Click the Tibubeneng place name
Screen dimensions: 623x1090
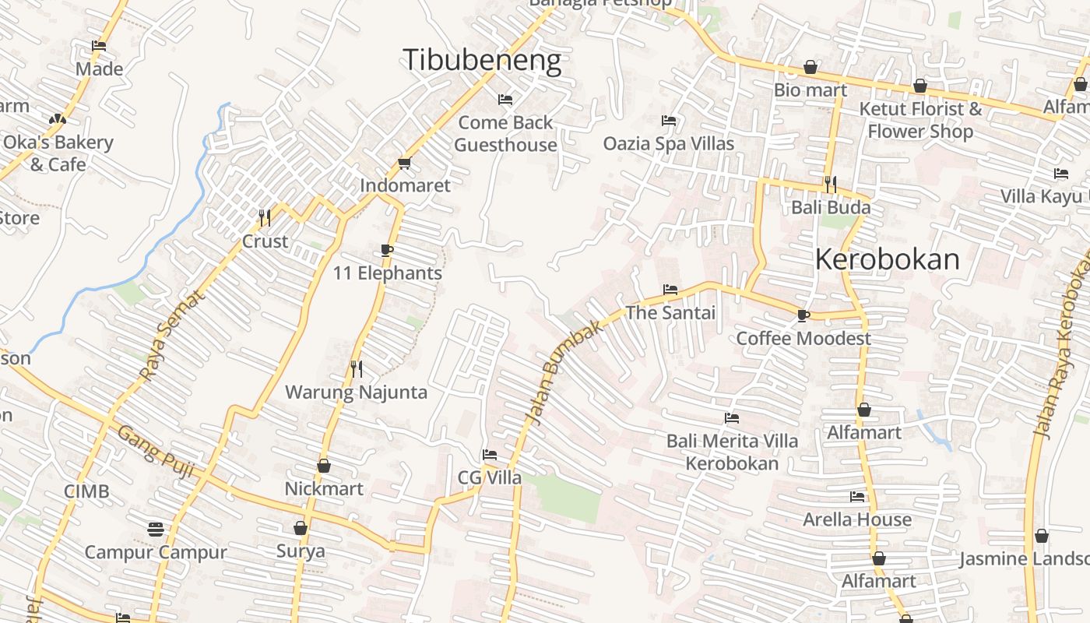click(481, 60)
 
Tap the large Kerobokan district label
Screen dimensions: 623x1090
click(887, 259)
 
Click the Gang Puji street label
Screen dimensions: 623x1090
click(156, 452)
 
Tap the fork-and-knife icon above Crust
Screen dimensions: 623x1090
click(265, 217)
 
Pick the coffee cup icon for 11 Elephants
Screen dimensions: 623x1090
click(387, 250)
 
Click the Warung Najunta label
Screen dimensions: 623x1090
click(356, 392)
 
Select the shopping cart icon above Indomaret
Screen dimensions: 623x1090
click(404, 163)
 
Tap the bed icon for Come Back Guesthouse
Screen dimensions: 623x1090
click(505, 100)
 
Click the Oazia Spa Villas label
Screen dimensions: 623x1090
click(668, 143)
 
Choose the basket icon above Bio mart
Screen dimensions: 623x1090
click(810, 67)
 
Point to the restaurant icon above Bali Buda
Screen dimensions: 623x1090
click(831, 185)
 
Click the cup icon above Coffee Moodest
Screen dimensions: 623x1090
click(803, 315)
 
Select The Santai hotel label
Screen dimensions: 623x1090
click(670, 312)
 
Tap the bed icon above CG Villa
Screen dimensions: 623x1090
click(489, 455)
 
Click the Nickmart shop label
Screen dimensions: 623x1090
click(323, 488)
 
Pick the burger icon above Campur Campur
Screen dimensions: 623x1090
click(156, 530)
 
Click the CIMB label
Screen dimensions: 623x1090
click(86, 491)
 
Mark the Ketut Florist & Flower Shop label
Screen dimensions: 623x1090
click(920, 120)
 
